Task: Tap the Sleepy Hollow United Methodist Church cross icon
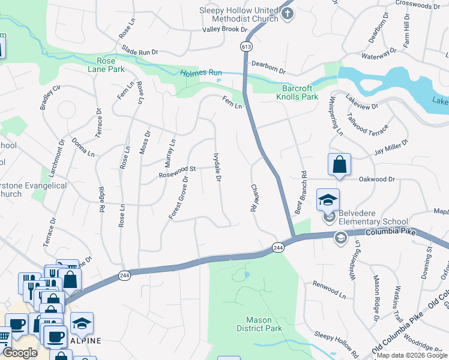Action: point(288,13)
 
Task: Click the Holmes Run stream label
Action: point(201,73)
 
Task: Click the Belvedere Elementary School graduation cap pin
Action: point(328,200)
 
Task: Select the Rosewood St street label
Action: point(177,172)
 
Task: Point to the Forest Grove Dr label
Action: point(179,197)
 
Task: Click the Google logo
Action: point(20,353)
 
